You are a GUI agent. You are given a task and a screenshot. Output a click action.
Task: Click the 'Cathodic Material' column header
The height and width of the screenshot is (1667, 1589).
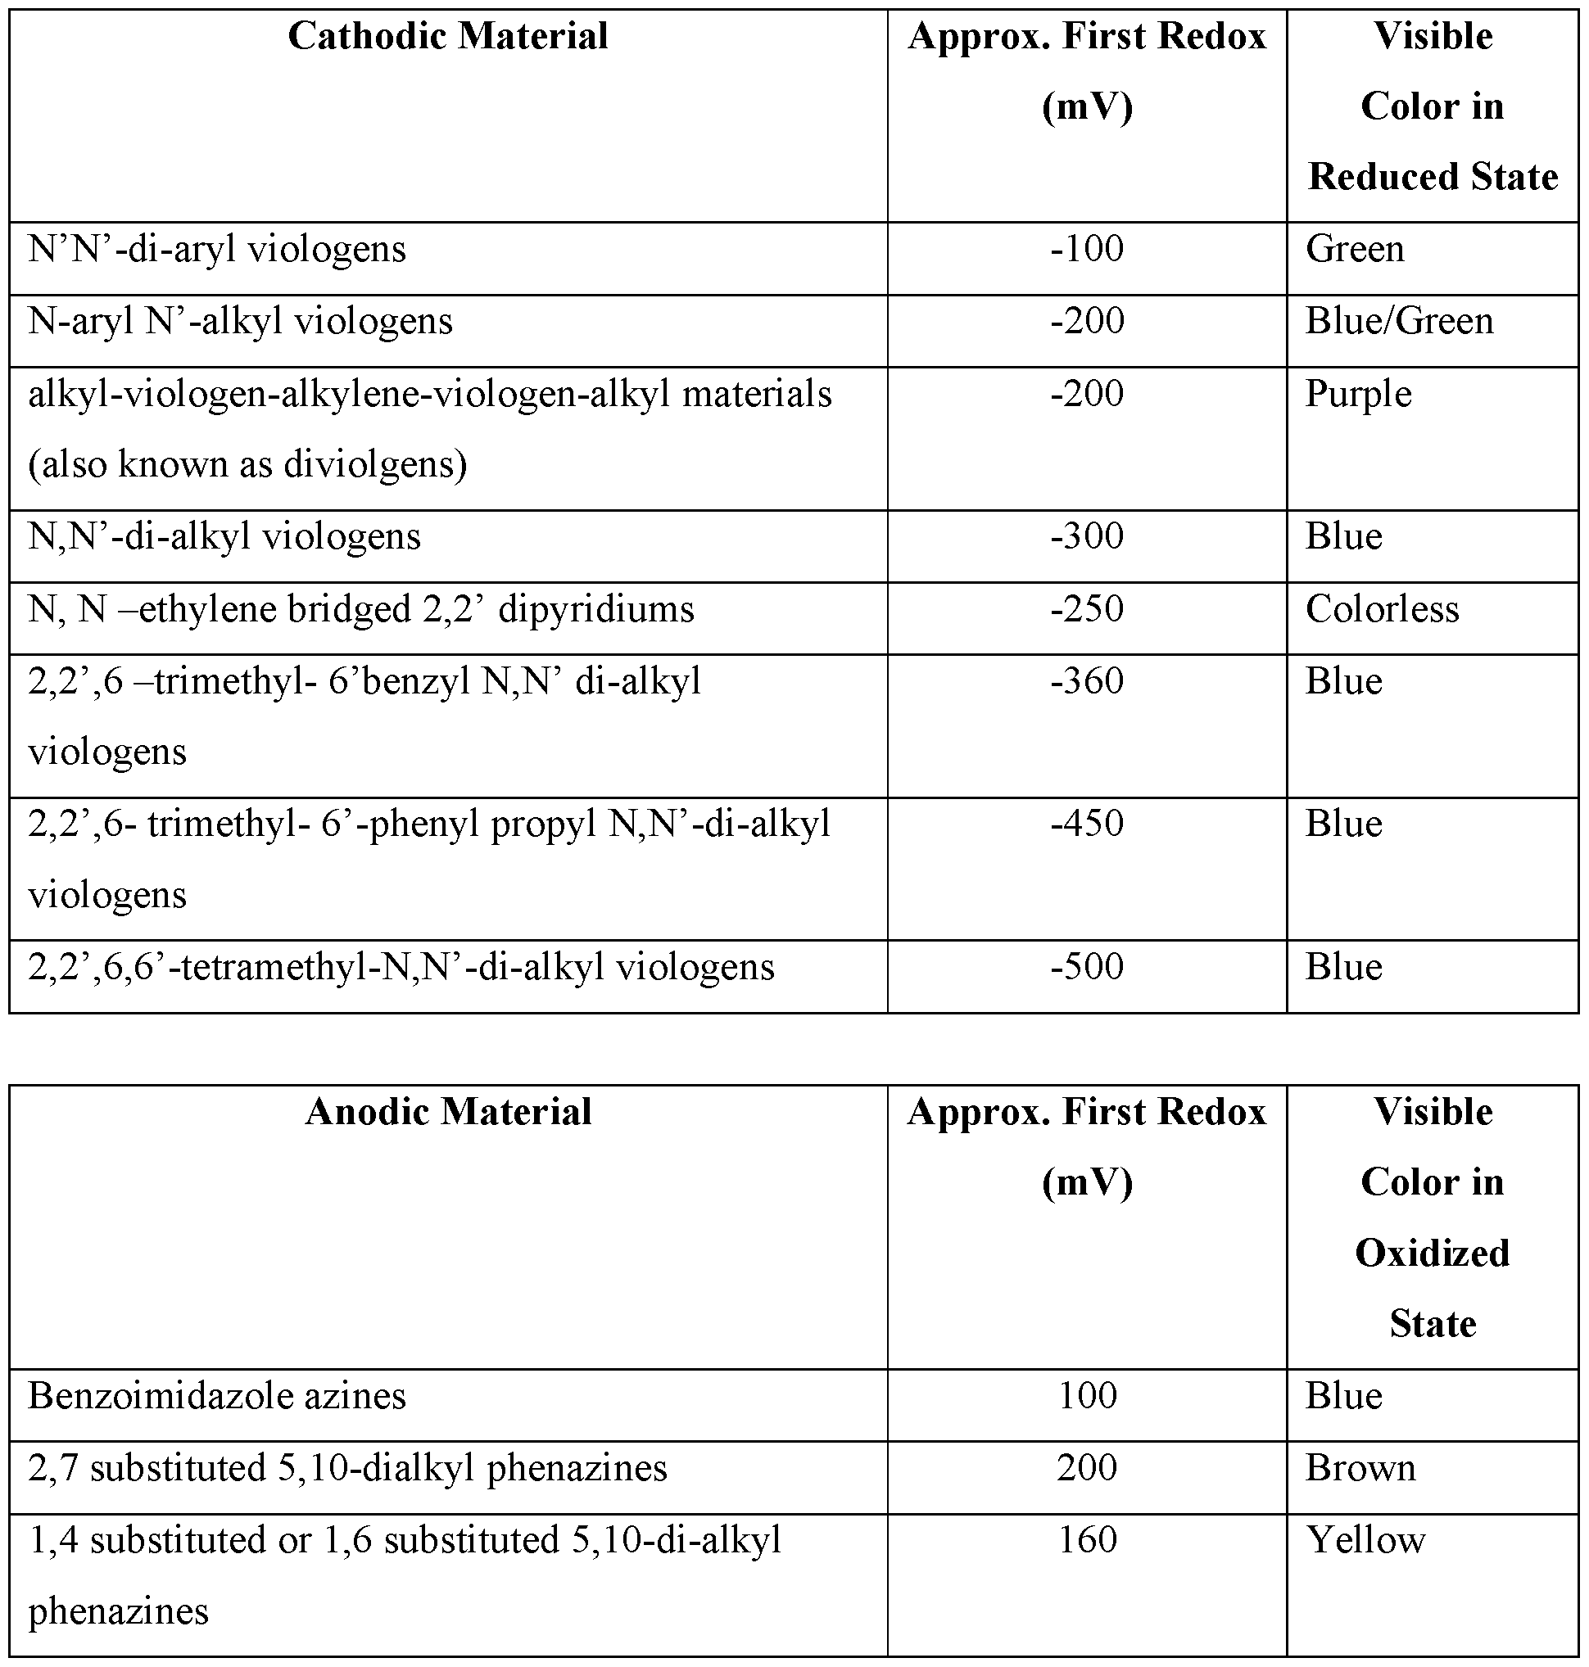pos(447,36)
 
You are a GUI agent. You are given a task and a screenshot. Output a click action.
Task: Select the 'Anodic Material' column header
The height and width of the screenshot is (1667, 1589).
pos(447,1112)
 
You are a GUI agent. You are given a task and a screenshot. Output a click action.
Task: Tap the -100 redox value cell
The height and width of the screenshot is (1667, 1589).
pos(1087,249)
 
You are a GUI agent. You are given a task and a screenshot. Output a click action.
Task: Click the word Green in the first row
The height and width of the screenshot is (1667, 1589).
pos(1355,249)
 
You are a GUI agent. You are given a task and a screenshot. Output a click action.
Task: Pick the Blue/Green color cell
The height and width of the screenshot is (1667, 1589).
pos(1398,322)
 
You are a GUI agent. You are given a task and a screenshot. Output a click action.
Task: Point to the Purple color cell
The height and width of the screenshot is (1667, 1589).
pos(1358,395)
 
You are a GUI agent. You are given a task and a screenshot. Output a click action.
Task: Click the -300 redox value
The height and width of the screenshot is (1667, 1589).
pos(1087,536)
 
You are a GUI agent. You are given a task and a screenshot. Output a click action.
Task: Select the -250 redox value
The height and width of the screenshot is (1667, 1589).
pos(1087,608)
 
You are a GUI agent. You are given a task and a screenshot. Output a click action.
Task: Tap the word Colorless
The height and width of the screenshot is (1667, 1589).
pos(1382,608)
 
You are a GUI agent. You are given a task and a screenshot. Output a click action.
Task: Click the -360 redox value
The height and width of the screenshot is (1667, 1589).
pos(1087,680)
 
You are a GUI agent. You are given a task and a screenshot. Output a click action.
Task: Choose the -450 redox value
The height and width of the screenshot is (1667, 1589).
pos(1087,823)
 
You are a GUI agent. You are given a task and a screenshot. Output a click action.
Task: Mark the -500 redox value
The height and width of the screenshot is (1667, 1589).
pos(1087,966)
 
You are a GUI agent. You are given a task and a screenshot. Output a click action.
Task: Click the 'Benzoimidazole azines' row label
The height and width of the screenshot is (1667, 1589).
pos(217,1396)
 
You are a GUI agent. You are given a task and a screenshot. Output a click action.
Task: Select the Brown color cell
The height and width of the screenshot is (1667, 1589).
pos(1360,1468)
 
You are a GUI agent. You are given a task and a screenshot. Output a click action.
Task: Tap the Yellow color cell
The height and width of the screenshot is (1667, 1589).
pos(1365,1540)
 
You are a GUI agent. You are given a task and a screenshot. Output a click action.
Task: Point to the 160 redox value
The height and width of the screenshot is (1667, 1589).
pos(1087,1539)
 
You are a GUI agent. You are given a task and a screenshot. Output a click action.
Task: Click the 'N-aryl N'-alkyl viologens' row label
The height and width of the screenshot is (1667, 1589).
pos(240,322)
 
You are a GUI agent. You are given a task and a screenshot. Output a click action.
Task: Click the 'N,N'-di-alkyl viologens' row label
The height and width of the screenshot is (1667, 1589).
pos(224,537)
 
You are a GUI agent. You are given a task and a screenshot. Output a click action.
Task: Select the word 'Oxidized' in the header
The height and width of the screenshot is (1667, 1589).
pos(1432,1253)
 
